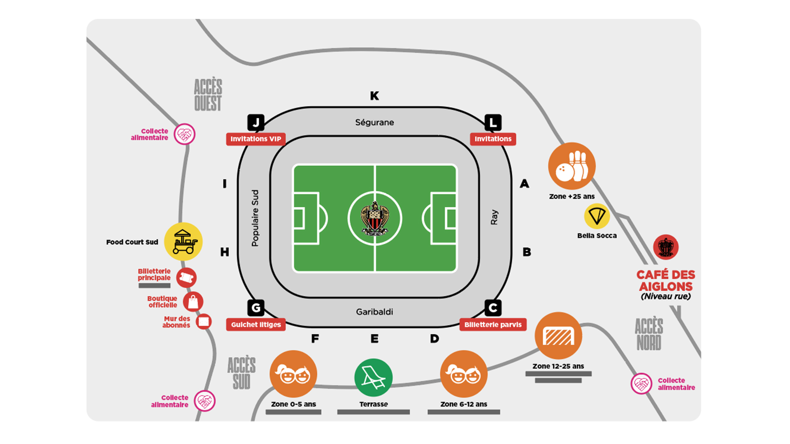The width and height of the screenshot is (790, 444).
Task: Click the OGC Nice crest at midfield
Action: click(374, 218)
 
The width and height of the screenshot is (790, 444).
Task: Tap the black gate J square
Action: click(256, 123)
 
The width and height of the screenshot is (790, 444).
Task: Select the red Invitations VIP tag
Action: click(256, 139)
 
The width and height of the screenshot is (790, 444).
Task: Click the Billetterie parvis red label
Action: click(493, 324)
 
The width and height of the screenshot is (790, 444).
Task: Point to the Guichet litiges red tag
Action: click(256, 324)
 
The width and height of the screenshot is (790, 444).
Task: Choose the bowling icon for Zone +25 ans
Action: click(572, 166)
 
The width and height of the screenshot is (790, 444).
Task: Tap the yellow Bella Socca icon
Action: click(597, 216)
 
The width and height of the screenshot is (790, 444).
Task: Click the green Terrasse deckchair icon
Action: click(374, 378)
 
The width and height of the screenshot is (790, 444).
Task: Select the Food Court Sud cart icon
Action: click(184, 241)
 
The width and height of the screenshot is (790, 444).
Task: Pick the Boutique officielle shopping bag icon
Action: click(193, 302)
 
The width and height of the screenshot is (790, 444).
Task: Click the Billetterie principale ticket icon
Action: click(186, 278)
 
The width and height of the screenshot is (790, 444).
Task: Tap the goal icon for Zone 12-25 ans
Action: click(558, 336)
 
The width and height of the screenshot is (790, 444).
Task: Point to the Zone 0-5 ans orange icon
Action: click(293, 374)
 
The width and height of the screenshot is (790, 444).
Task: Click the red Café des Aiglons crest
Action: click(666, 247)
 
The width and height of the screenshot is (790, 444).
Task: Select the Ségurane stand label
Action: click(374, 123)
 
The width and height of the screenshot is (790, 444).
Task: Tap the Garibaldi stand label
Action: click(374, 312)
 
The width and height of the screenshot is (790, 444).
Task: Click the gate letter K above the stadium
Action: click(374, 96)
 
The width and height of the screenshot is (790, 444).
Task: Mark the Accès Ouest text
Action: click(208, 95)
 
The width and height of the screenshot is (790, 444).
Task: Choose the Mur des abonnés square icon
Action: click(204, 321)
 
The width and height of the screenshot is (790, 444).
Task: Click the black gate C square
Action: click(493, 308)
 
